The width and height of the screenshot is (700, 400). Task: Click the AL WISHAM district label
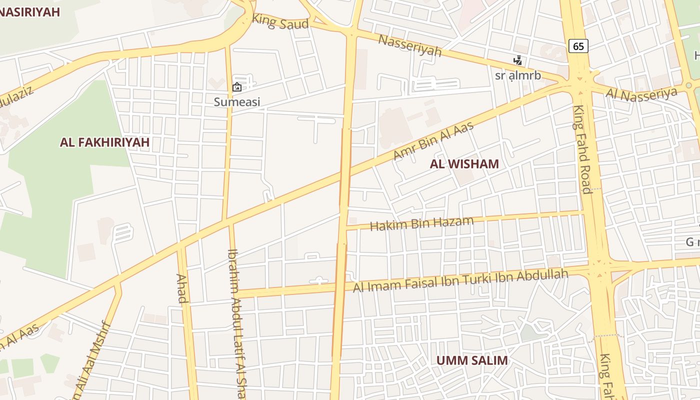pos(464,164)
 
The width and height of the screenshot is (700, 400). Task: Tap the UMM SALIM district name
pos(471,360)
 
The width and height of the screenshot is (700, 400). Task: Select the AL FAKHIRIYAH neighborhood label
pos(104,142)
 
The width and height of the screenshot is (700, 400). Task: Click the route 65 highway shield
pos(578,46)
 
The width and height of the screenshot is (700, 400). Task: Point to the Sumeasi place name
pos(237,102)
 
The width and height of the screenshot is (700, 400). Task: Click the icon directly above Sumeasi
pos(237,87)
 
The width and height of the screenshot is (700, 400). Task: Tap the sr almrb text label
pos(518,76)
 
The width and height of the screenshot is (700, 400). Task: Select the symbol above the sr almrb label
pos(518,61)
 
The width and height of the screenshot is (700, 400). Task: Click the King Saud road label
pos(280,22)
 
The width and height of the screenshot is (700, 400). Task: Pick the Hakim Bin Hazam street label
pos(421,223)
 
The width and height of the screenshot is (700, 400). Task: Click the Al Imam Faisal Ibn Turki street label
pos(460,280)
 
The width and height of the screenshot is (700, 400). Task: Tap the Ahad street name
pos(182,288)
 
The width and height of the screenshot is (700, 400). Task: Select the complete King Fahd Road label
pos(582,149)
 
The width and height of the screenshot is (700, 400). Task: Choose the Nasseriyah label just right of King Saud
pos(409,45)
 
